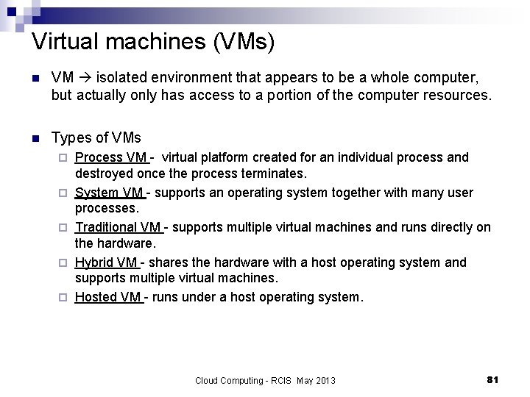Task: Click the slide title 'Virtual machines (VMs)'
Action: coord(153,41)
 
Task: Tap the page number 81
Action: coord(493,379)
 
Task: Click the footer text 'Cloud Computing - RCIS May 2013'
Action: coord(265,380)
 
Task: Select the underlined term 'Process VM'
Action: coord(111,157)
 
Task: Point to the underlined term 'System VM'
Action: coord(109,193)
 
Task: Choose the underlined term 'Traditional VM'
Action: coord(118,228)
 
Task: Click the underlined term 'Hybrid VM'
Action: coord(106,262)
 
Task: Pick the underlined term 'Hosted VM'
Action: coord(107,298)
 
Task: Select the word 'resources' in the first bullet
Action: coord(459,96)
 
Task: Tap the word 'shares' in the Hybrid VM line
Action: coord(172,262)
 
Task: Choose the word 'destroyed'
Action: coord(104,174)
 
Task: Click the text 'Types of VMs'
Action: coord(96,137)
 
